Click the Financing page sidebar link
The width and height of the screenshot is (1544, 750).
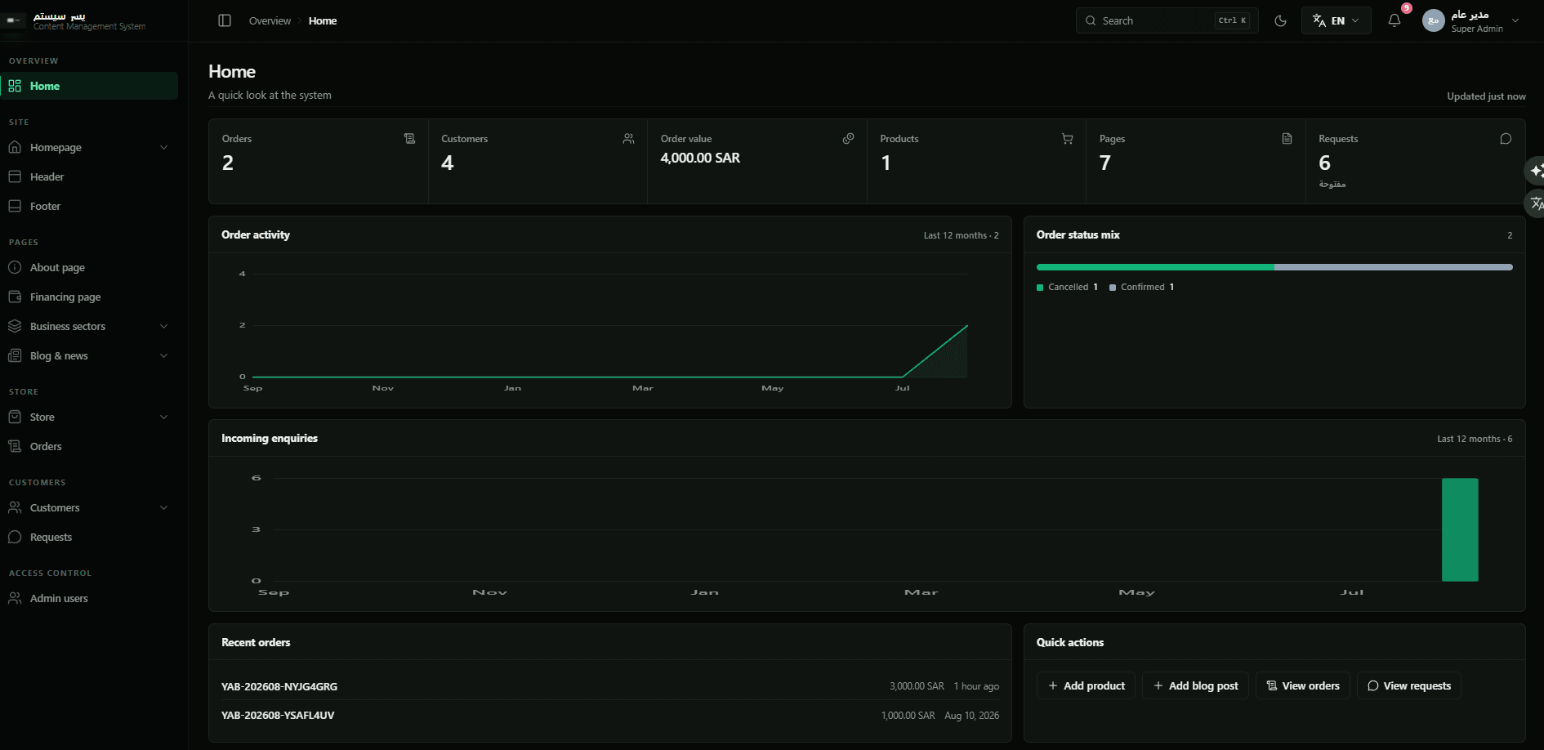(x=65, y=297)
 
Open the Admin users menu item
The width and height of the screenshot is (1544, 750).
(x=59, y=598)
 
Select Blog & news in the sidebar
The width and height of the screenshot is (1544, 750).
(x=59, y=355)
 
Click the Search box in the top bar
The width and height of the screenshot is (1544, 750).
(x=1167, y=20)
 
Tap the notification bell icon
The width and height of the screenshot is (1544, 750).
(x=1395, y=20)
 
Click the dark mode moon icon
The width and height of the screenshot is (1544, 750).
(x=1280, y=20)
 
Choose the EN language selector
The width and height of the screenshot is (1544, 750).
(x=1336, y=20)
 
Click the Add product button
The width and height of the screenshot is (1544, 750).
(x=1086, y=685)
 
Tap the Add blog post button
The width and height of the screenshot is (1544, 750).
(x=1195, y=685)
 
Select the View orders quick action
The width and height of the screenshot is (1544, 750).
(x=1302, y=685)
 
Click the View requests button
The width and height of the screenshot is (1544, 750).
(x=1408, y=685)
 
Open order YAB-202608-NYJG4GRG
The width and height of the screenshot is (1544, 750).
(x=279, y=686)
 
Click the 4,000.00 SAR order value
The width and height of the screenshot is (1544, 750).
(x=700, y=158)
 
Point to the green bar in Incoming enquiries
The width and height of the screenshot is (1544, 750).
(x=1460, y=529)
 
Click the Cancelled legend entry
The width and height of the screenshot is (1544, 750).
(x=1067, y=287)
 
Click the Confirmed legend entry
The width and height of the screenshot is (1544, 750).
(x=1141, y=287)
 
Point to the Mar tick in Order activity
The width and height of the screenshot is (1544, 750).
(x=643, y=388)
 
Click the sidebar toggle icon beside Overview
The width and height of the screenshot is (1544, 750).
(x=225, y=20)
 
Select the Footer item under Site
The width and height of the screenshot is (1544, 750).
(x=45, y=206)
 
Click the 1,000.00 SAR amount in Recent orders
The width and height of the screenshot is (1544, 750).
(x=908, y=715)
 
